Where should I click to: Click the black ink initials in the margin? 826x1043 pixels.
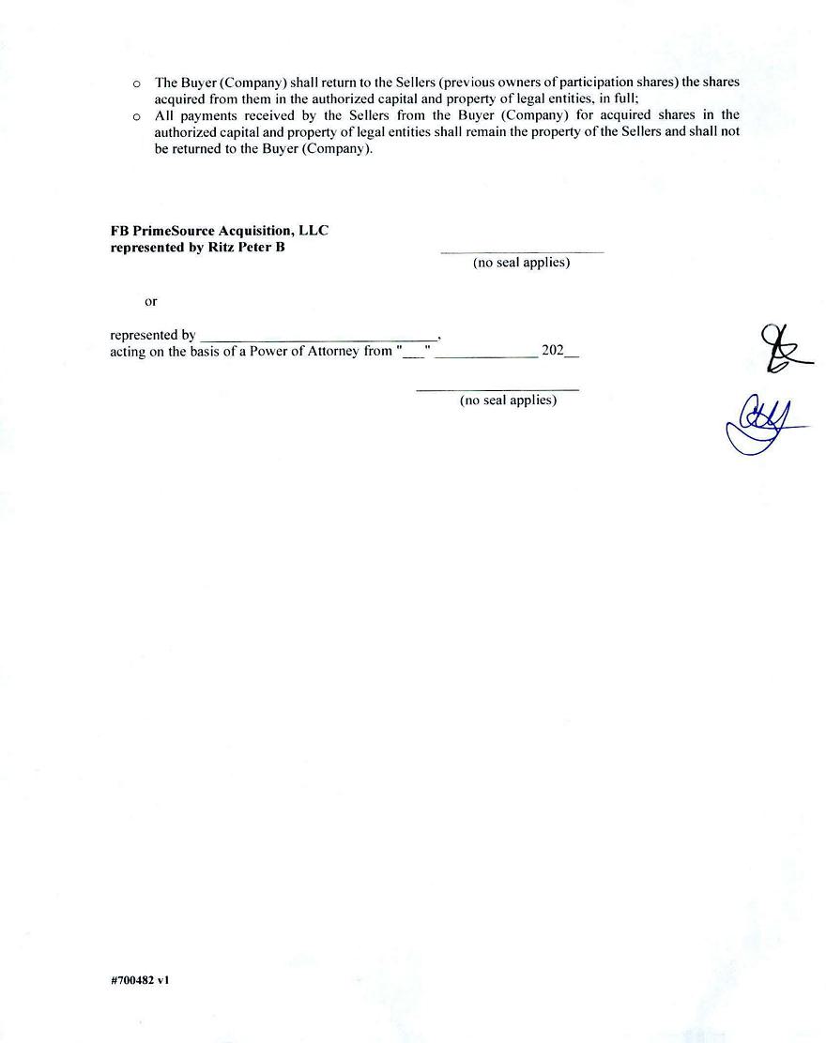click(x=781, y=349)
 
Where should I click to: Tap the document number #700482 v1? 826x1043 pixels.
click(x=140, y=980)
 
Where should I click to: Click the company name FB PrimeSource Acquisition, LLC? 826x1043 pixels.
click(x=219, y=231)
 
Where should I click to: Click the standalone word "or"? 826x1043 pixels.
click(x=151, y=301)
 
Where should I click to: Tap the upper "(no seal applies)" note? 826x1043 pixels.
click(x=521, y=263)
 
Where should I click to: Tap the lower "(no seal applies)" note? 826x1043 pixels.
click(x=508, y=401)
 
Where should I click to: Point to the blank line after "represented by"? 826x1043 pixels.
click(x=319, y=338)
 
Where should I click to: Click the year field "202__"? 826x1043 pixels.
click(x=559, y=352)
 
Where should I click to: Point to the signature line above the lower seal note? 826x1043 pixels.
click(x=497, y=389)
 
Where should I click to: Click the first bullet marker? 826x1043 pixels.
click(x=137, y=83)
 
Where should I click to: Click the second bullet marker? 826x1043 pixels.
click(x=137, y=116)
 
